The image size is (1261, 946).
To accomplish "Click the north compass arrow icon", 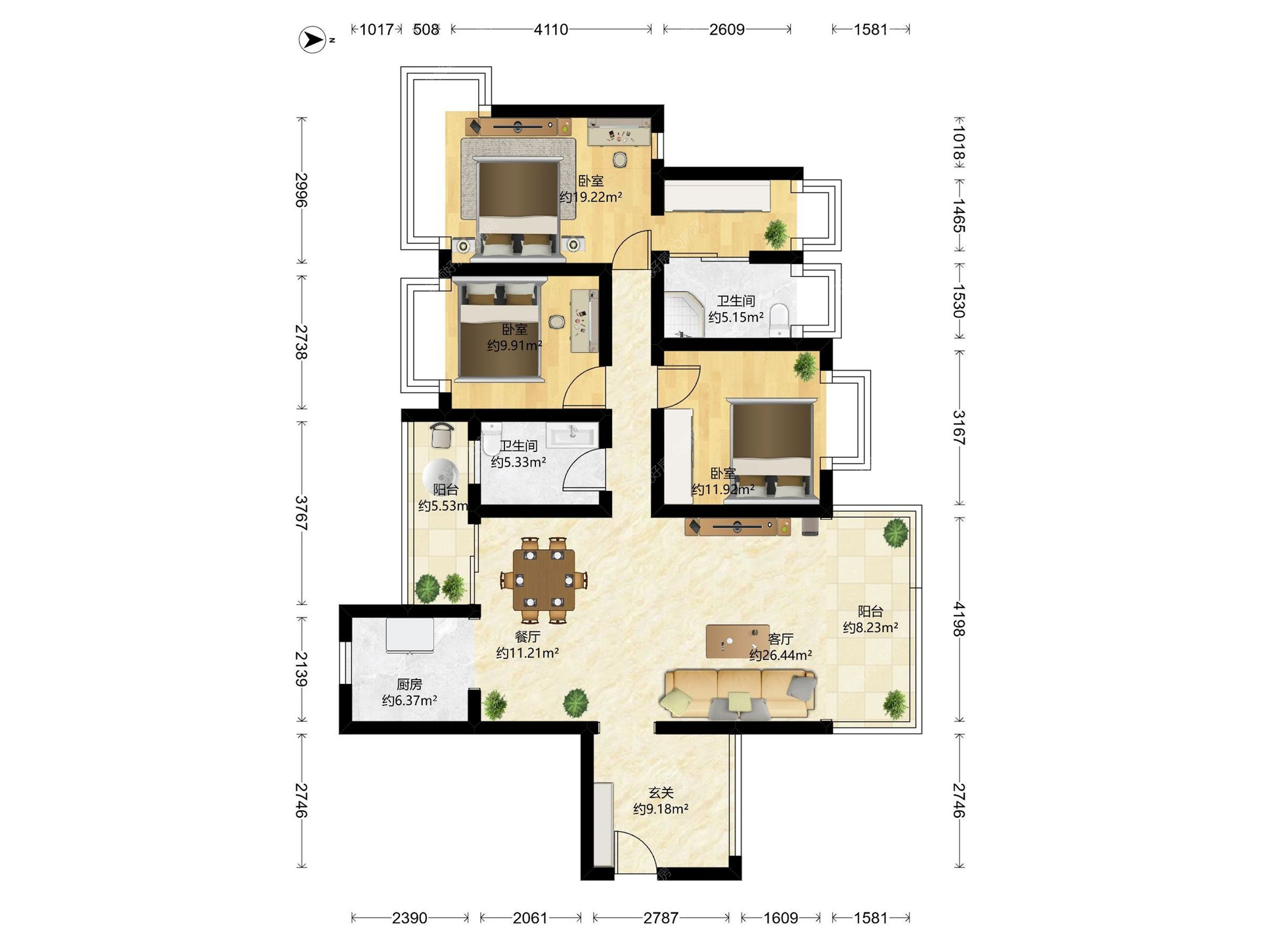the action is click(x=313, y=39).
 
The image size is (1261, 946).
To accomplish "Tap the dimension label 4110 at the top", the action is click(x=550, y=30).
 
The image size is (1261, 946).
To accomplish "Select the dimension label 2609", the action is click(x=726, y=30).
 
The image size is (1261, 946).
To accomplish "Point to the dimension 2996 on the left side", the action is click(x=301, y=190).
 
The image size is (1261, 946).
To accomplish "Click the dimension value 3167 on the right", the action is click(x=960, y=427).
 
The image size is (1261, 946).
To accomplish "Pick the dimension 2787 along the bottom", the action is click(x=661, y=918).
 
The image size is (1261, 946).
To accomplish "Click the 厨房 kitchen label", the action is click(x=409, y=685).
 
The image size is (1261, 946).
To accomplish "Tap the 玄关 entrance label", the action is click(x=661, y=793).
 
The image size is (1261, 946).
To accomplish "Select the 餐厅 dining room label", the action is click(x=527, y=637).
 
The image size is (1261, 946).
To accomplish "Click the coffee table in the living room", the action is click(x=737, y=641).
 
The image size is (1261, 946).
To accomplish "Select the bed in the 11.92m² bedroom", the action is click(x=772, y=450).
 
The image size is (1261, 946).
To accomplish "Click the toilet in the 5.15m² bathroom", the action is click(x=779, y=319).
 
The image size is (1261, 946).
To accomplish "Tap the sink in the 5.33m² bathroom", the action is click(x=572, y=434).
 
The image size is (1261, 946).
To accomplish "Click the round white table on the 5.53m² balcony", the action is click(x=440, y=472).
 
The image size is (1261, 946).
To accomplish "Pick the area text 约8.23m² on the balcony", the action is click(x=870, y=627).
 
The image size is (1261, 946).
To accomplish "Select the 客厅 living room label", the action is click(x=781, y=639).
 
